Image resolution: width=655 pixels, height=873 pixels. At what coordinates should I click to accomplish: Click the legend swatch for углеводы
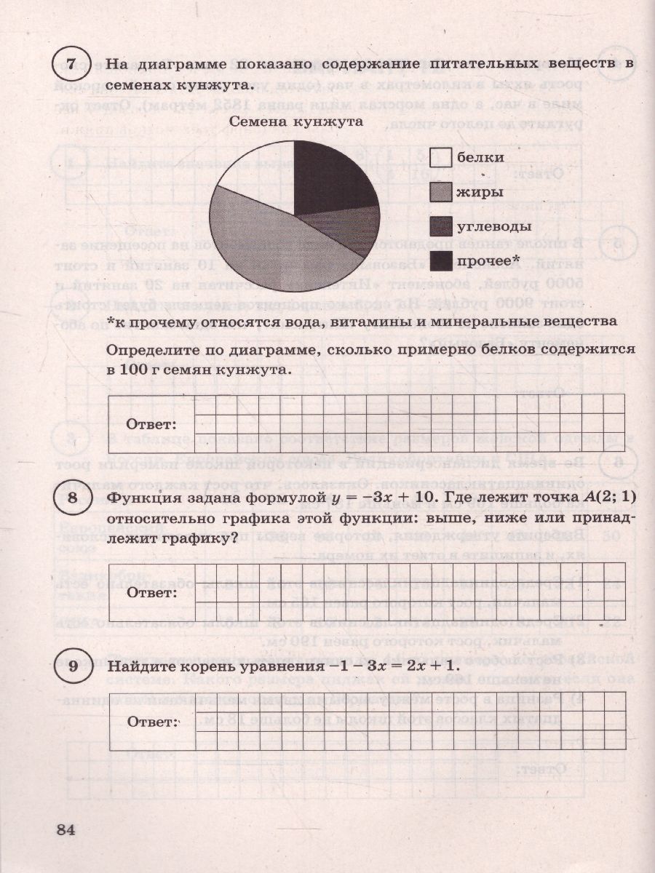(x=440, y=226)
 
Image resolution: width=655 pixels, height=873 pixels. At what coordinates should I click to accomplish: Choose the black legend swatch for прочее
(x=440, y=260)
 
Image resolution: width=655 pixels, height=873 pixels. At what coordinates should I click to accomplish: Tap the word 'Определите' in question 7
(x=150, y=351)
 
